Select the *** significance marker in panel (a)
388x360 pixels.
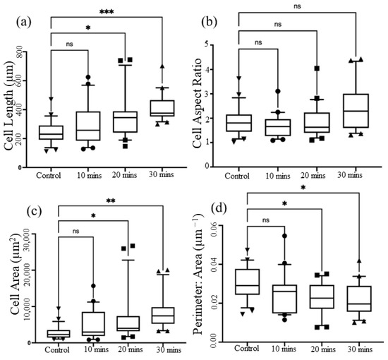pos(107,11)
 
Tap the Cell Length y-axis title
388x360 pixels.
pos(9,106)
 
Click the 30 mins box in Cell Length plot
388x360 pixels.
pos(162,108)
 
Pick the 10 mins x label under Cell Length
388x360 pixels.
pos(89,175)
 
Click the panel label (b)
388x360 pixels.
pos(210,22)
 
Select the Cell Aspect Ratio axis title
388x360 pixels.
pos(198,103)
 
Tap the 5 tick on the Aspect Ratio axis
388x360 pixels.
pos(207,45)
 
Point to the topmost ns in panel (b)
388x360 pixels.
pos(297,6)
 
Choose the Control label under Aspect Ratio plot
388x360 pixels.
pos(237,176)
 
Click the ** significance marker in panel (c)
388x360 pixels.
pos(111,200)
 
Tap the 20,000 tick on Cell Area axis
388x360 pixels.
pos(30,270)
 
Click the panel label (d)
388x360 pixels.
pos(219,208)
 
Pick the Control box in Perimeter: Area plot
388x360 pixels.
pos(248,282)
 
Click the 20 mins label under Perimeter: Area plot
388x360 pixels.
pos(323,349)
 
